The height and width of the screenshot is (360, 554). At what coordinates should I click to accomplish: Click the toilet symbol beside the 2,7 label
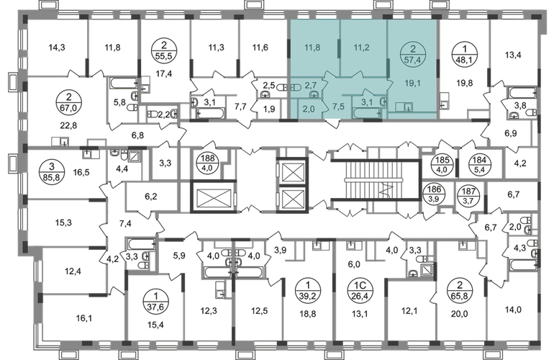tap(296, 86)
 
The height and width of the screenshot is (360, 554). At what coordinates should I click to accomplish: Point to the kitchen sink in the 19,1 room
tap(409, 107)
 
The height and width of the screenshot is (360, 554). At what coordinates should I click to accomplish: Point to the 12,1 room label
tap(411, 311)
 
